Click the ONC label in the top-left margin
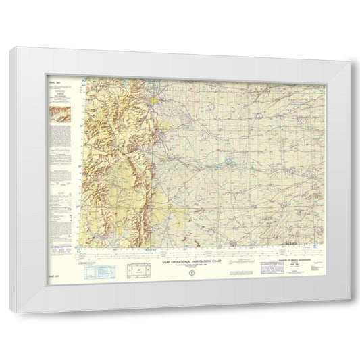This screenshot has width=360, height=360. click(57, 78)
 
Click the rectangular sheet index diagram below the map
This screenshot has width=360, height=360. click(140, 271)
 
